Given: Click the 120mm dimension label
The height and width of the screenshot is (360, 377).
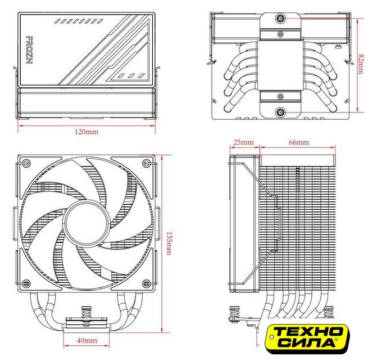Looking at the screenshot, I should point(87,132).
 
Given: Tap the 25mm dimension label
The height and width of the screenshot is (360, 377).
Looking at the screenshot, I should point(243,143).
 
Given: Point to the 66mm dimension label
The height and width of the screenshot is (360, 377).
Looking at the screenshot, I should point(298,143).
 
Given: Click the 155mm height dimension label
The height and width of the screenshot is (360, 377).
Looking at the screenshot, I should point(169,243).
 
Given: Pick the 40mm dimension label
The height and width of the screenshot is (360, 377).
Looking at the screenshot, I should point(87,341).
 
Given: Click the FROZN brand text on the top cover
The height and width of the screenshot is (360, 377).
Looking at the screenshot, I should point(29,51).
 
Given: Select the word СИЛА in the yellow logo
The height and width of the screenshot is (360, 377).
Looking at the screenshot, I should point(304,343).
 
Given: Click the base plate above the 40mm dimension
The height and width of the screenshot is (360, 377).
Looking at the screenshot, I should point(87,323).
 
